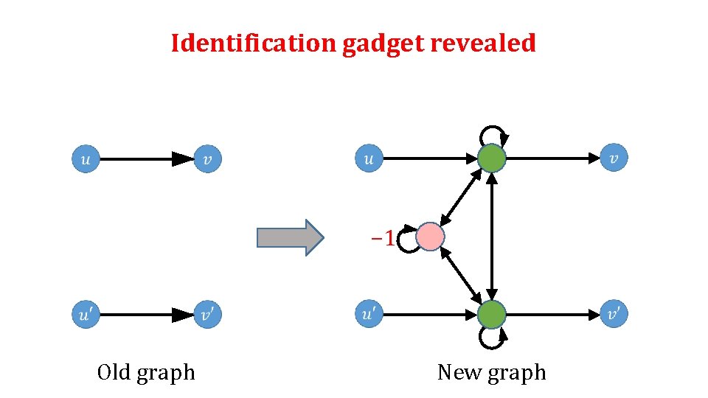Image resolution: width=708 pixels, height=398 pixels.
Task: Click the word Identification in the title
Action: (x=254, y=43)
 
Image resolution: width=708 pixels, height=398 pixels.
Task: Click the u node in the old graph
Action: (x=86, y=158)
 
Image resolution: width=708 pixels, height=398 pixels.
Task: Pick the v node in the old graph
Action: (x=208, y=158)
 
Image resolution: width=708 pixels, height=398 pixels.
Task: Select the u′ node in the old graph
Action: (x=86, y=315)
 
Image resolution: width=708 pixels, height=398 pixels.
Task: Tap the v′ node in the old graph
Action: (x=208, y=315)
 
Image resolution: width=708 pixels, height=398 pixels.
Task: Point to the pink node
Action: (x=430, y=237)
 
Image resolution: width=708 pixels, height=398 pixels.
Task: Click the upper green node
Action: (x=492, y=158)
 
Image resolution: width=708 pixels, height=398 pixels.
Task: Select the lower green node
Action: (x=492, y=315)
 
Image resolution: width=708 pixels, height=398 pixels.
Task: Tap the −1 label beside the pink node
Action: (x=382, y=237)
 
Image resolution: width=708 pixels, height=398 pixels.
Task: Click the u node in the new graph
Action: (x=369, y=158)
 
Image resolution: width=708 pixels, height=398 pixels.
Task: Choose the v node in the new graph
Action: (x=614, y=158)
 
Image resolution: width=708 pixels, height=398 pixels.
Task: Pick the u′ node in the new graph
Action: (x=369, y=315)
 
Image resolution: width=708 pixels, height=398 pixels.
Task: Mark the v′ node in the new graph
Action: (x=614, y=315)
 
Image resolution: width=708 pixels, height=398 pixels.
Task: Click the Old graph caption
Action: (x=146, y=373)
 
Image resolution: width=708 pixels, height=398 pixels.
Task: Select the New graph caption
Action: (x=491, y=373)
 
